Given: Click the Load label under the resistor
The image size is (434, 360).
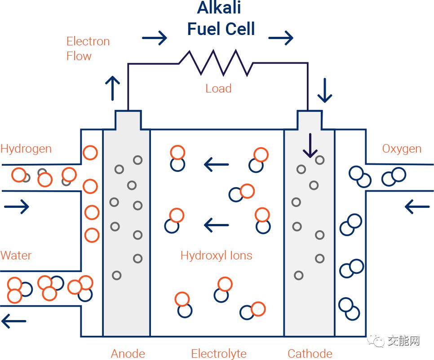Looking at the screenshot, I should pos(218,88).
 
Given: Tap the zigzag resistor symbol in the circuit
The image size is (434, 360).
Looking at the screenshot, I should pos(216,63).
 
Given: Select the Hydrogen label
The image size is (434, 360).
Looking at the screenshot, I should pos(26,149).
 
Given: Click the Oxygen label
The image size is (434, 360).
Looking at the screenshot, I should pos(402,149).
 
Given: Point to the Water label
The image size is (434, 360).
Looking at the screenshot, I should pos(16,255).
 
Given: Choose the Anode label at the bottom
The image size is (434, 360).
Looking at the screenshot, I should pos(128,354).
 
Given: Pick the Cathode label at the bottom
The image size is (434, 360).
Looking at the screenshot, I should pos(310,354).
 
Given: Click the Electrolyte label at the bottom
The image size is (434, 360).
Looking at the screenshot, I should pos(219,354).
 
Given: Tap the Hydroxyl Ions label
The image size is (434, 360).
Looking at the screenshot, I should pos(216,256).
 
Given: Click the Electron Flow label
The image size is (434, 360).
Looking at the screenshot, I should pos(88,48).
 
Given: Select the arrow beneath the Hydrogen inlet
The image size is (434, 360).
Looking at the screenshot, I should pos(17,207).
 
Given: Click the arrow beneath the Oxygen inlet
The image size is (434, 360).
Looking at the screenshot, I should pos(417,207).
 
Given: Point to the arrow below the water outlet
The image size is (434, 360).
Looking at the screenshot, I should pos(14,321).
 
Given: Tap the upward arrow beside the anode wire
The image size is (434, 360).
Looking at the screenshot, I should pos(112,88).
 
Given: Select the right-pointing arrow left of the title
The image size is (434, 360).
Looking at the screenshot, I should pos(155,38).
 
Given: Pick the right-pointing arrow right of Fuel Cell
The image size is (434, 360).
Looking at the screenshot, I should pos(281,38).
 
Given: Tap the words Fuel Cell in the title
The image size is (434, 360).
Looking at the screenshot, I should pos(221,29).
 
